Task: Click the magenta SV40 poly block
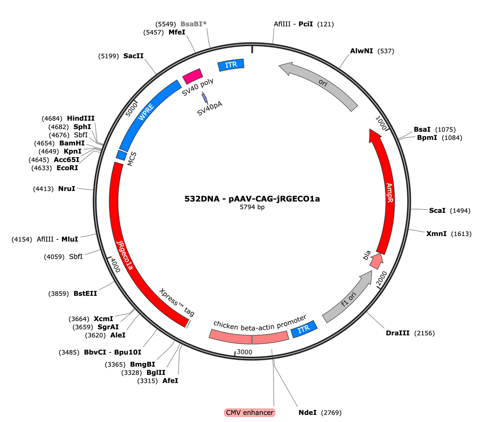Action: pos(193,76)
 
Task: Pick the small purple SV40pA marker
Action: pos(204,98)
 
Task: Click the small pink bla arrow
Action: pos(377,261)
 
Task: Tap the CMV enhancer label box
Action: pos(249,413)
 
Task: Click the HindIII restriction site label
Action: pos(81,118)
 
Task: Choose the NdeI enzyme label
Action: pos(307,413)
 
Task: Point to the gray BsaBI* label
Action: pos(193,24)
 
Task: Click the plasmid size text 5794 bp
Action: pos(252,207)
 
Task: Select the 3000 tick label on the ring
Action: pos(244,352)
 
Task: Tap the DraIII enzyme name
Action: pos(397,333)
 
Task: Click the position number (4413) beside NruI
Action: pos(43,189)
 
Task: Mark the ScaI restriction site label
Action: pos(437,210)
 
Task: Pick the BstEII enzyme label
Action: pos(85,293)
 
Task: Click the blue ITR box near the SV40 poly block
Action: pos(231,65)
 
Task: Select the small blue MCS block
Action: pos(121,155)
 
